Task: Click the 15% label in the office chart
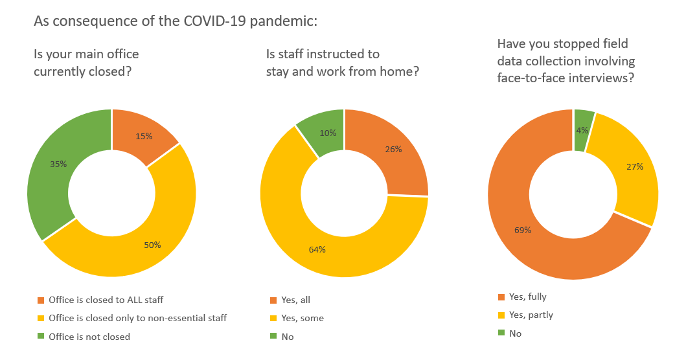click(144, 136)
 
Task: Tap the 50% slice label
click(152, 245)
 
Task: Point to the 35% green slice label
click(58, 164)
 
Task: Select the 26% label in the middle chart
click(393, 149)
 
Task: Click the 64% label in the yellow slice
click(317, 249)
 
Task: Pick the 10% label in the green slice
click(328, 133)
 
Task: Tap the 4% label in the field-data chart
click(582, 130)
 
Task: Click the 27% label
click(635, 166)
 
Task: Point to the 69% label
click(523, 230)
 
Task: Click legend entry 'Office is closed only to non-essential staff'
click(137, 318)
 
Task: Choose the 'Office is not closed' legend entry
click(89, 337)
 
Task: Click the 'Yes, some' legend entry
click(302, 318)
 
